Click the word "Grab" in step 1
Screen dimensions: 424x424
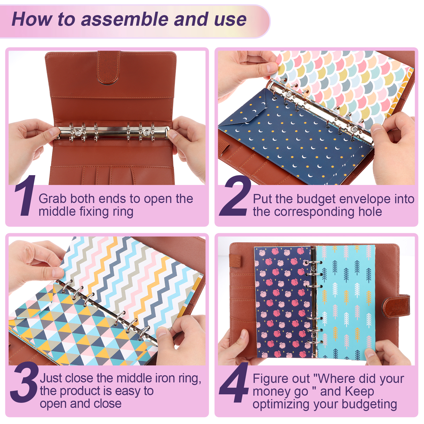click(52, 199)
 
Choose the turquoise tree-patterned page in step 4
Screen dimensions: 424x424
click(346, 302)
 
